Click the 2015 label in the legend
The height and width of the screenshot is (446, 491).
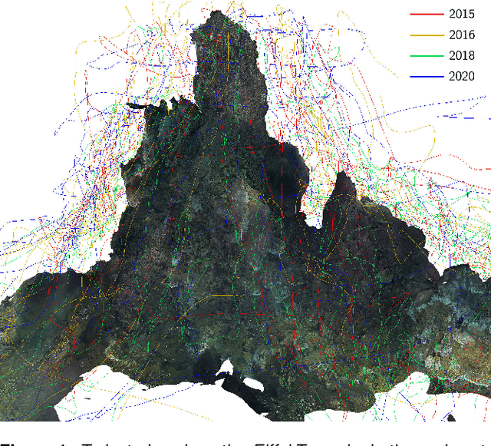[x=462, y=15]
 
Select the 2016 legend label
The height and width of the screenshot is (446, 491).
[x=462, y=35]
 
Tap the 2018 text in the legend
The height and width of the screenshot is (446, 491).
[x=462, y=56]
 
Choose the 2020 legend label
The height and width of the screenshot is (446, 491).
[x=462, y=77]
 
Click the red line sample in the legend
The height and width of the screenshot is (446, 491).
[x=427, y=15]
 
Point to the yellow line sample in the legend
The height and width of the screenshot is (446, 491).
[x=427, y=35]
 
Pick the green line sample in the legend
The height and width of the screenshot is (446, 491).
[x=427, y=56]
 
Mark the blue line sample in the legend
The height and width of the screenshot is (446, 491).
[x=427, y=77]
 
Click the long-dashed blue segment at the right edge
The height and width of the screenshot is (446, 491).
[x=461, y=117]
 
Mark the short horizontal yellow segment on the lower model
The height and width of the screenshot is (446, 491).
[x=222, y=295]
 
